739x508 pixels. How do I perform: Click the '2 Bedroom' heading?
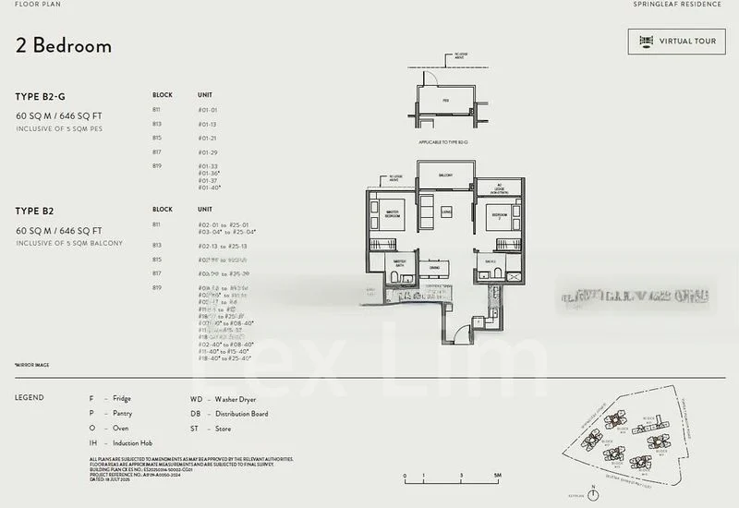(64, 46)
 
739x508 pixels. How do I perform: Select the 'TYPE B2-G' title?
(43, 95)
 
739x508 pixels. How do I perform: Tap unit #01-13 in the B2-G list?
(207, 124)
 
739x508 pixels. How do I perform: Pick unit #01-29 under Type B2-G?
(207, 151)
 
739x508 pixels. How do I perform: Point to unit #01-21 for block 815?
(207, 138)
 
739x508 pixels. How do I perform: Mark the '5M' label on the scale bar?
(497, 475)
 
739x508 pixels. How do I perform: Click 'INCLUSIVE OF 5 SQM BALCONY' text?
(69, 243)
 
